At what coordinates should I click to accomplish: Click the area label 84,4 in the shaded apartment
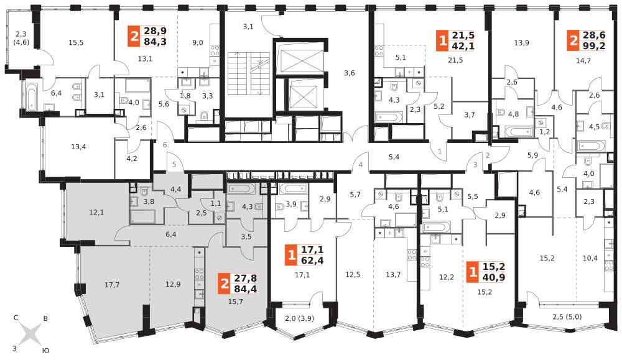245,289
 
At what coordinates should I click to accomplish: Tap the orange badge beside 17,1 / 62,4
292,255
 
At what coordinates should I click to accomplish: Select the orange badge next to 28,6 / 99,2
573,40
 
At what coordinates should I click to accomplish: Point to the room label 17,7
112,285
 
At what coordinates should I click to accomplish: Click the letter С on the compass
16,318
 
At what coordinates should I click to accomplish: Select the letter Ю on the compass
45,351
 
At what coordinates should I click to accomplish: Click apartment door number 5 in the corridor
174,164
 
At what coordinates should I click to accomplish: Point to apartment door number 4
361,165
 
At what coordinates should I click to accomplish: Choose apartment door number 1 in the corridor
440,152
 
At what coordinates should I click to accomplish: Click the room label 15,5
76,42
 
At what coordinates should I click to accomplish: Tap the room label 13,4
78,147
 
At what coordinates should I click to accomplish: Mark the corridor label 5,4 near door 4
394,157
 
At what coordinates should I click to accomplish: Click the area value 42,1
463,46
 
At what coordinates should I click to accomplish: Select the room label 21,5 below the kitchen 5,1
455,60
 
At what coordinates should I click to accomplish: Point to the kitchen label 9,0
198,42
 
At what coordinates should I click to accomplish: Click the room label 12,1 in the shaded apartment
96,213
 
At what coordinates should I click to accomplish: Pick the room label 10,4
590,258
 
